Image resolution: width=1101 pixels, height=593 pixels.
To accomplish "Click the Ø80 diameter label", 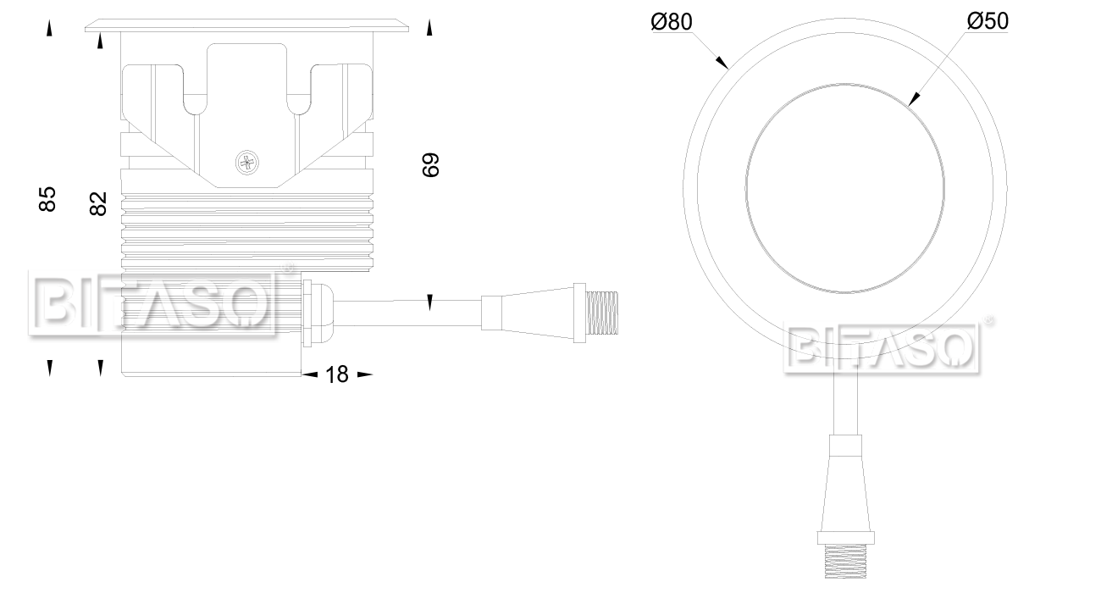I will (672, 22).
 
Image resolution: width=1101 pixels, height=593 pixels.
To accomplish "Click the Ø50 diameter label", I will (988, 22).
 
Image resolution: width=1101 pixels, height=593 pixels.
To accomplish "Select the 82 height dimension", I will (98, 203).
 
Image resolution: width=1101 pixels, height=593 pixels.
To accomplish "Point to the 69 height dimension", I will (431, 164).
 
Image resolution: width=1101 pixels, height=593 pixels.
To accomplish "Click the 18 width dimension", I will (337, 374).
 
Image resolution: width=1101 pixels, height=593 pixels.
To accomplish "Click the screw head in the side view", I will (247, 161).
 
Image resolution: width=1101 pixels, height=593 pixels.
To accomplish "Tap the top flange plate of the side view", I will (248, 25).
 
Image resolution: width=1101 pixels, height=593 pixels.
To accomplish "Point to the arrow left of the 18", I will (309, 374).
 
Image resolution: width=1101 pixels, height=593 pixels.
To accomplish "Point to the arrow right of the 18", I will (365, 374).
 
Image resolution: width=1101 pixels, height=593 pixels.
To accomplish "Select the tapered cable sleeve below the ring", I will (844, 483).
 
